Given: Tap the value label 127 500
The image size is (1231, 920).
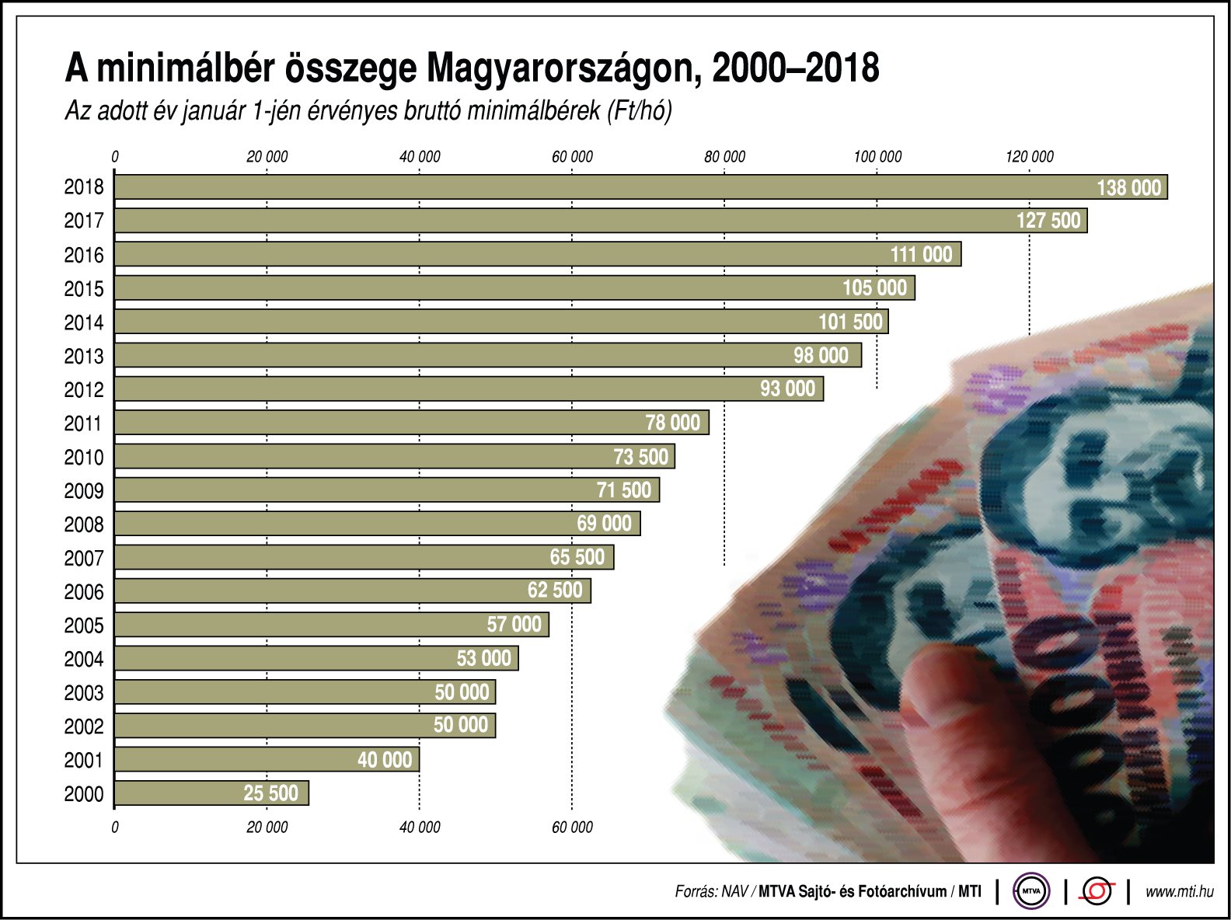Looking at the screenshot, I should coord(1048,221).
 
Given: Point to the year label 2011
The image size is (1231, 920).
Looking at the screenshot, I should coord(83,423).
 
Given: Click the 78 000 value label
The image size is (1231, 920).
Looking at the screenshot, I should coord(673,423).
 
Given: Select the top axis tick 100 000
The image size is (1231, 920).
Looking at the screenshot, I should coord(877,157).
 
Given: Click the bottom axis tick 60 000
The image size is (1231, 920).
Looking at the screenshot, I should coord(572,828).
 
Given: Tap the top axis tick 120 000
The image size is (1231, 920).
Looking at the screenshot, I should coord(1030,157).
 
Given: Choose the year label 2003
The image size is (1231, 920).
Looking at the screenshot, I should coord(83,693).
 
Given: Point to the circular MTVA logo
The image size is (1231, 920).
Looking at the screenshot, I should coord(1031,891).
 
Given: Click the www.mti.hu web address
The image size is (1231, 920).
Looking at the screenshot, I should coord(1179,892).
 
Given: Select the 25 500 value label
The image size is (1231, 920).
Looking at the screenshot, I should coord(270,793).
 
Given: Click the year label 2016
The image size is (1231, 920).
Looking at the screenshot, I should coord(83,255).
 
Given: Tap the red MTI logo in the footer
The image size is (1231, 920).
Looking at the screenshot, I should coord(1097,891).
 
